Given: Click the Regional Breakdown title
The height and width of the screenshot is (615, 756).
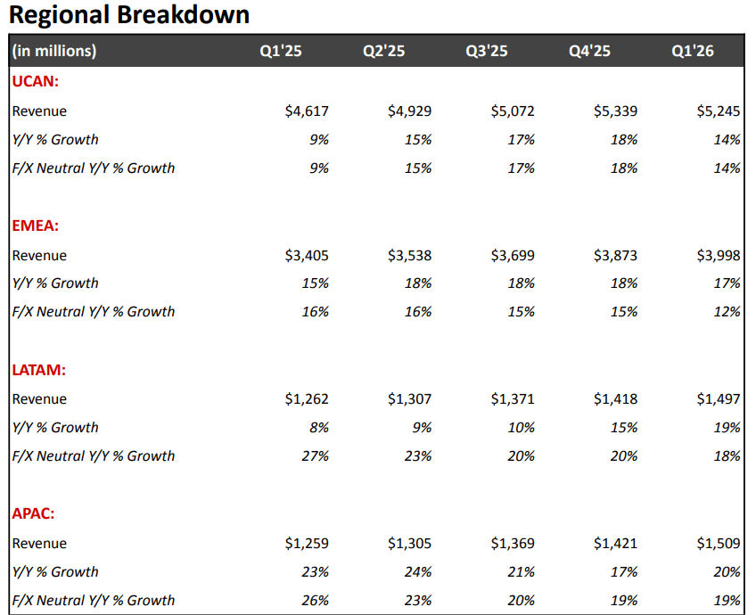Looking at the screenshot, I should click(x=129, y=15).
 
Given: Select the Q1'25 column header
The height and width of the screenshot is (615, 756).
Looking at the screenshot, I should click(x=281, y=52).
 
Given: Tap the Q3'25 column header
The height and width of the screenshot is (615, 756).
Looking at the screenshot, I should click(x=487, y=52).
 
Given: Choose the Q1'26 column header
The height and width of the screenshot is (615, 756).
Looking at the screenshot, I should click(x=693, y=52).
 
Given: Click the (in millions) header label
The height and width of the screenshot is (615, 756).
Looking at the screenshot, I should click(x=54, y=52).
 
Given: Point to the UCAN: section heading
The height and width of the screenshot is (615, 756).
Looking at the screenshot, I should click(x=36, y=81).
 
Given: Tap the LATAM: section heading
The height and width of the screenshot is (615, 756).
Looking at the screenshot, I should click(x=39, y=370).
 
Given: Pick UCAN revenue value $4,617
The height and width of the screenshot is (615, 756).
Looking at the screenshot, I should click(x=307, y=111).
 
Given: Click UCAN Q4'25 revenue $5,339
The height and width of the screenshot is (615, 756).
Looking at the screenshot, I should click(x=615, y=111).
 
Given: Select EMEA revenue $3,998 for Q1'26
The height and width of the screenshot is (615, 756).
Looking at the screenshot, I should click(x=719, y=256).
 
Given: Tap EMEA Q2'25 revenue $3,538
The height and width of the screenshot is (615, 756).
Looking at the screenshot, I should click(x=410, y=256).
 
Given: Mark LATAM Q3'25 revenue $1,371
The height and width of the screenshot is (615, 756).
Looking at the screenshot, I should click(x=513, y=399).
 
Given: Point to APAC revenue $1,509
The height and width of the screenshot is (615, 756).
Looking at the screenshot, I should click(x=719, y=544).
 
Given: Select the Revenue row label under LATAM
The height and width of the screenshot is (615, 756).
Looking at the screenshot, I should click(x=39, y=399).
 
